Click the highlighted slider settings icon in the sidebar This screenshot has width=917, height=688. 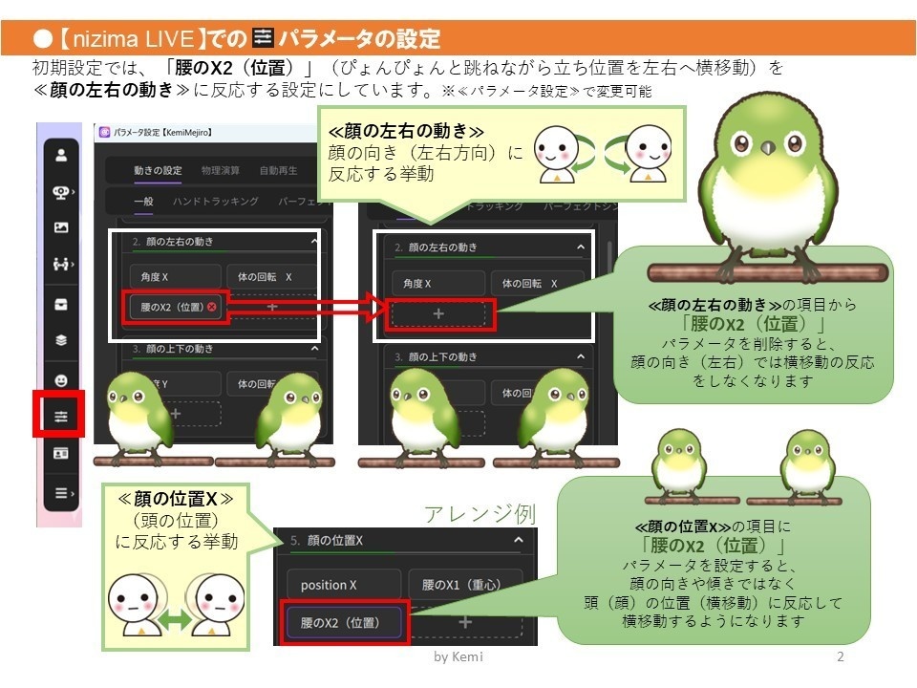coord(61,417)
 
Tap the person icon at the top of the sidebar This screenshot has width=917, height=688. coord(61,154)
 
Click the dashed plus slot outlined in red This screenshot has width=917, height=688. coord(438,312)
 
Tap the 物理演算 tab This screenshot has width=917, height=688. coord(221,171)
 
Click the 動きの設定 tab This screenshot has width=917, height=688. coord(158,171)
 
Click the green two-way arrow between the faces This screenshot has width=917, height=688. coord(174,620)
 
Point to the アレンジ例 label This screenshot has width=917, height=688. coord(480,513)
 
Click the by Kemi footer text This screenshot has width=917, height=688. coord(458,658)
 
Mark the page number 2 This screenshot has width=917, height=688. coord(840,657)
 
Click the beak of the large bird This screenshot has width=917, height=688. coord(766,148)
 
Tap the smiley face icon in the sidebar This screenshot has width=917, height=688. coord(61,379)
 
